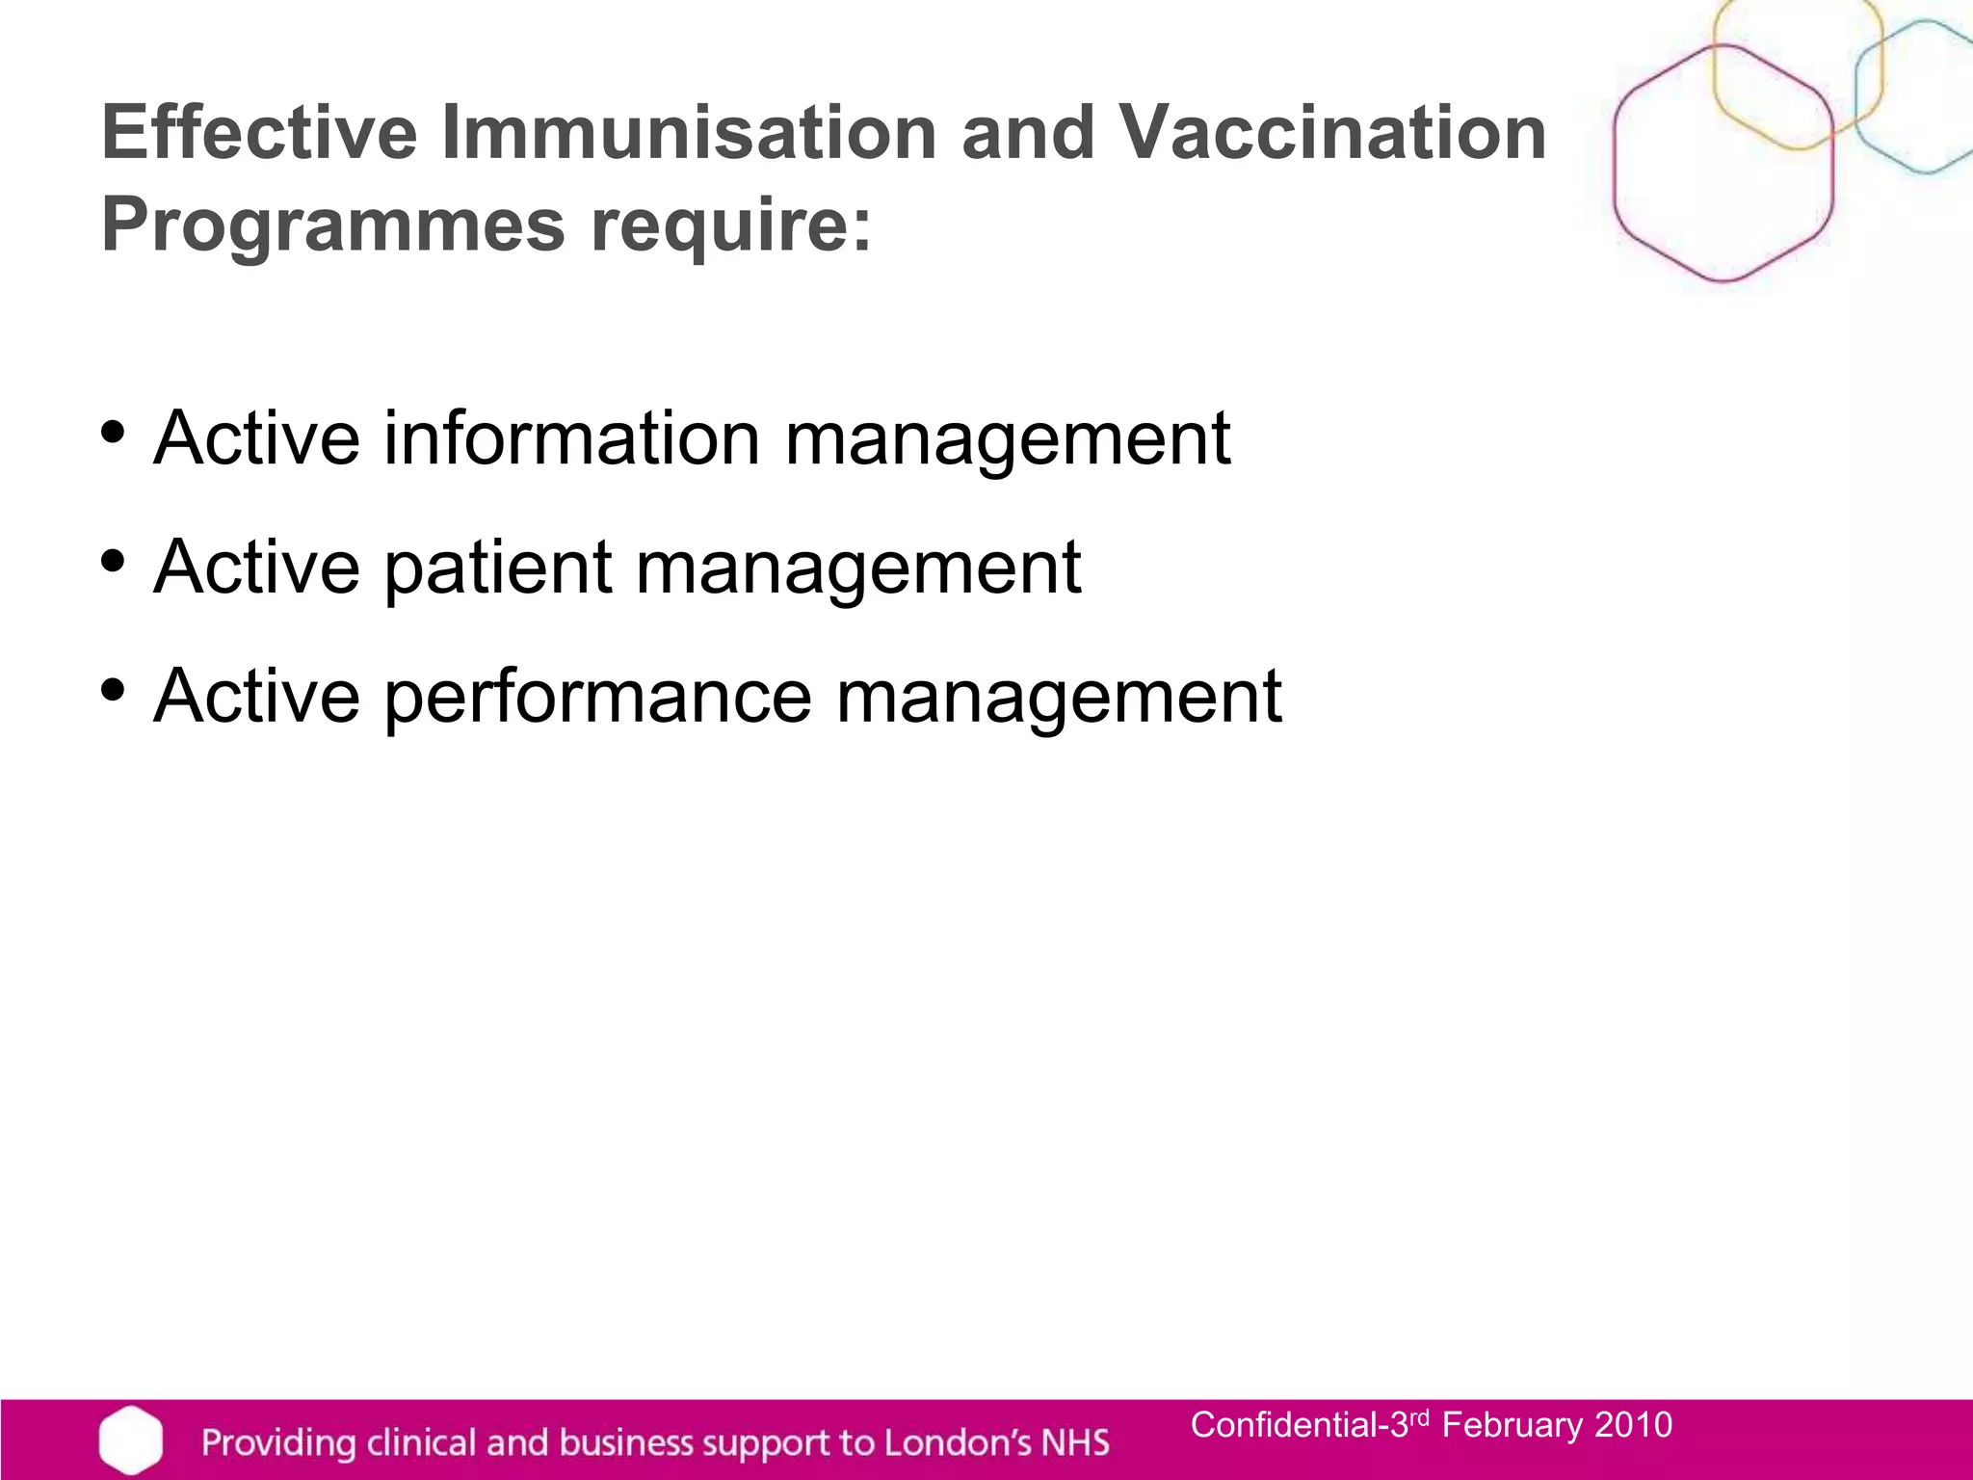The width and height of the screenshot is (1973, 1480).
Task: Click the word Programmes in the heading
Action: [332, 226]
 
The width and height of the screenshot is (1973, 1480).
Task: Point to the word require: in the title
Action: [730, 226]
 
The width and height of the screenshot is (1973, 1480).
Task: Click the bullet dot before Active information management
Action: [114, 433]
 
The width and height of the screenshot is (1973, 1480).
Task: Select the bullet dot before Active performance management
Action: [114, 690]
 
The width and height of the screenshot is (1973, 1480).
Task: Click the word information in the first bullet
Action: [572, 438]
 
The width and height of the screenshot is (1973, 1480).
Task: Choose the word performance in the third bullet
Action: [598, 696]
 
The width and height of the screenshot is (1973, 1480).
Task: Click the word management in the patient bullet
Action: [858, 568]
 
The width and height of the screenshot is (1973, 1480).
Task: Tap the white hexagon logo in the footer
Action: [130, 1440]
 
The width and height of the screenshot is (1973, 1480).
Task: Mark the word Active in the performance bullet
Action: [256, 696]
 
